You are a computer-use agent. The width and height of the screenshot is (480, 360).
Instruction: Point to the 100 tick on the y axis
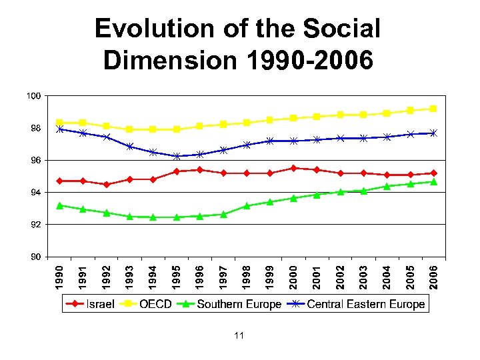(33, 96)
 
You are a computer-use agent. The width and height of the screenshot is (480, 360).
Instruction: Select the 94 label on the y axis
(33, 193)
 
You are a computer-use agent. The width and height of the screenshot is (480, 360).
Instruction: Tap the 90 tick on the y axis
(33, 257)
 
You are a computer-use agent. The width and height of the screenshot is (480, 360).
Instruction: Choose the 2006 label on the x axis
(434, 277)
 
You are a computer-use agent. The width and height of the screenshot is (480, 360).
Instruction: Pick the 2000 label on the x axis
(293, 277)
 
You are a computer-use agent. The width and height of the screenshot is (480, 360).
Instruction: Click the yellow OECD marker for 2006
(433, 109)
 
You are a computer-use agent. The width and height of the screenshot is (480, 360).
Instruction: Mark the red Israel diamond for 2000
(293, 168)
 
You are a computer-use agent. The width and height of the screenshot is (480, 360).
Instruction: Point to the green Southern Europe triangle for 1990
(60, 205)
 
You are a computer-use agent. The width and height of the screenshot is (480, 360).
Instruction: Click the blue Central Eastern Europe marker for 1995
(177, 156)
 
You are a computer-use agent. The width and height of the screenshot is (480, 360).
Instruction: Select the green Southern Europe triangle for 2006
(433, 181)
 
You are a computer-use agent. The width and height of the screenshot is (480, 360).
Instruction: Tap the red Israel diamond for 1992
(107, 184)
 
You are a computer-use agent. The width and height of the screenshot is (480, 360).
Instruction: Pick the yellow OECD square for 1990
(60, 123)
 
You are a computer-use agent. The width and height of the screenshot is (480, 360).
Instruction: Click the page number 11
(239, 336)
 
